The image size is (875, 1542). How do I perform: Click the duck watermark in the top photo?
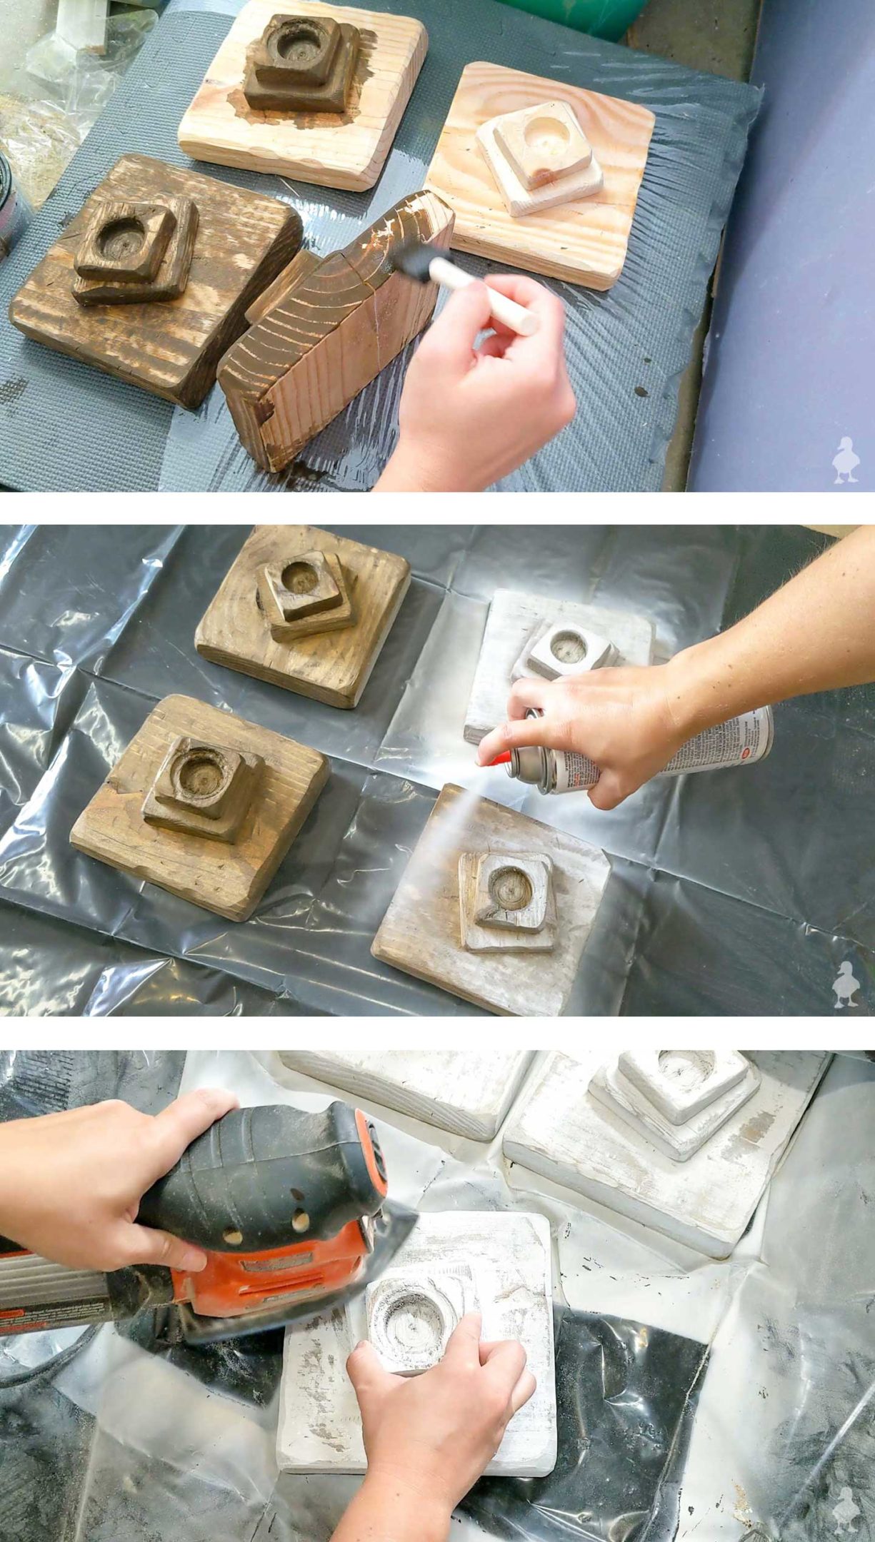(846, 460)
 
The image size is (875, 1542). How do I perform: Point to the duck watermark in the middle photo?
(846, 985)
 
